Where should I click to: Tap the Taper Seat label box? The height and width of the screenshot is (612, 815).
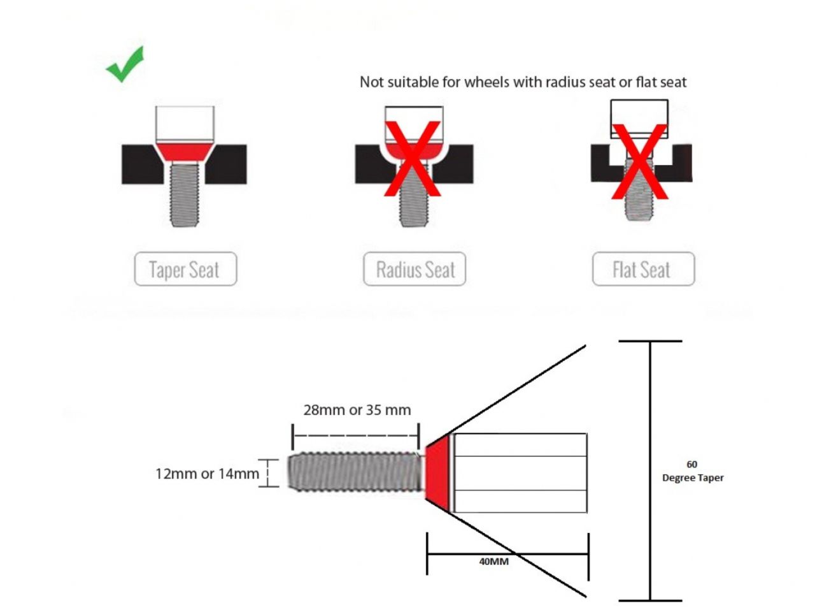click(x=185, y=268)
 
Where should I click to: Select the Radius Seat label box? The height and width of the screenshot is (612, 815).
click(x=415, y=268)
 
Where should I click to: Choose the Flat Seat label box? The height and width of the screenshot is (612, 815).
click(x=644, y=268)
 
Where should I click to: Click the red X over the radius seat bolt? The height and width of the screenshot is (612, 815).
click(x=413, y=159)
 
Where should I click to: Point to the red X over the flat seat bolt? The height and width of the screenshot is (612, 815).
click(x=640, y=162)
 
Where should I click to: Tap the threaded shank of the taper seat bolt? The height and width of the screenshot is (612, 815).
click(x=185, y=194)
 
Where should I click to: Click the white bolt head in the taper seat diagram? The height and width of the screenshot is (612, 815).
click(x=185, y=124)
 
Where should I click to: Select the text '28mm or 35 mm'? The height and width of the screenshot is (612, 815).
click(x=357, y=410)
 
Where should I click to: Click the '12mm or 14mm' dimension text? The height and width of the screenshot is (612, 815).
click(x=207, y=474)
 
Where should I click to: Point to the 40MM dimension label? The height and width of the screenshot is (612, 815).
click(x=493, y=562)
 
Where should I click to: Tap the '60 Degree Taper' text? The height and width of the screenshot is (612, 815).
click(x=693, y=471)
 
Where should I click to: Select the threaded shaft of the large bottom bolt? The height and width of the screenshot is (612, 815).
click(x=356, y=471)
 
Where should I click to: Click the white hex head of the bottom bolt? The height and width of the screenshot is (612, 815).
click(x=520, y=472)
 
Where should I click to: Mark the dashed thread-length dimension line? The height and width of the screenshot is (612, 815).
click(x=356, y=435)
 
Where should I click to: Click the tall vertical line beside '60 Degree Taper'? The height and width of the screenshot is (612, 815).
click(x=650, y=470)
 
